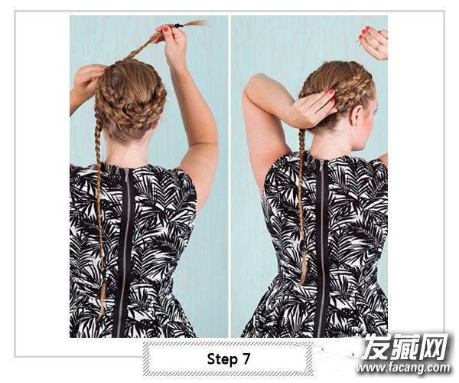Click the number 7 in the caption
tap(246, 358)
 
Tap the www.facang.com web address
tap(403, 368)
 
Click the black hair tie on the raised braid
tap(178, 26)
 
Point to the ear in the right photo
tap(356, 116)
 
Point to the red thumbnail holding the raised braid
tap(166, 29)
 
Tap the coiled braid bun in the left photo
tap(131, 93)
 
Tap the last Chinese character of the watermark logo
tap(434, 348)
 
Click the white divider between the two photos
tap(229, 176)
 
